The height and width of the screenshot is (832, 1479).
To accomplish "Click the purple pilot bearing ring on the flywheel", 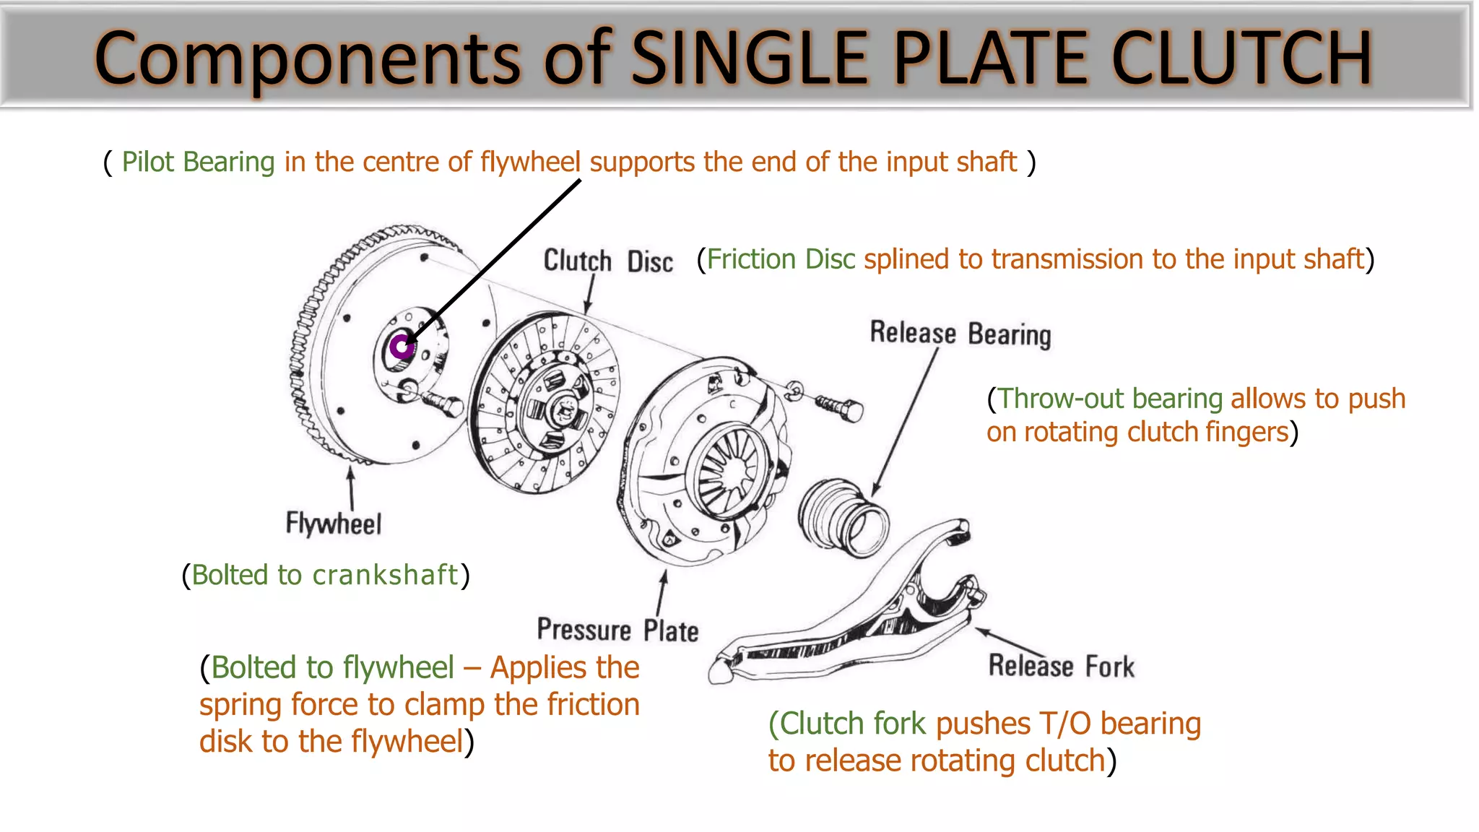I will [401, 347].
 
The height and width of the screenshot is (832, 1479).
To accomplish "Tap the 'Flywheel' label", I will [333, 524].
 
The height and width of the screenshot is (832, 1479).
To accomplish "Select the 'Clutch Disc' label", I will [607, 261].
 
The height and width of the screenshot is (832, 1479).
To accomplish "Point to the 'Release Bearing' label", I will [960, 334].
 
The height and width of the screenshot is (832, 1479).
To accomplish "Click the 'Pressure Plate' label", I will [617, 630].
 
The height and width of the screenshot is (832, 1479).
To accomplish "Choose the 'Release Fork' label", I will [1061, 666].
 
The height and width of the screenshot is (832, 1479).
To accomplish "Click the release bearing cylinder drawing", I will [843, 517].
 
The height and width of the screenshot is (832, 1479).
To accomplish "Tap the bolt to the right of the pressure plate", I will [840, 407].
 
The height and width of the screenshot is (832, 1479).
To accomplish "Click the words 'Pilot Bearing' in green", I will [198, 162].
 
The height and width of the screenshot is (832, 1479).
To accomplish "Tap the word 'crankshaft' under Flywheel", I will [385, 575].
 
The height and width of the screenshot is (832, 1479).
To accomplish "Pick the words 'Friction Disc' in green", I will [780, 259].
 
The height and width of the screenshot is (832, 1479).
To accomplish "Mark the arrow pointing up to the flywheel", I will [351, 488].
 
